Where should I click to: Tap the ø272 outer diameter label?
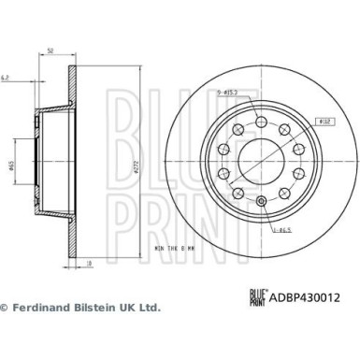coord(137,166)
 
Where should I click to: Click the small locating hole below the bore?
coord(260,204)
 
